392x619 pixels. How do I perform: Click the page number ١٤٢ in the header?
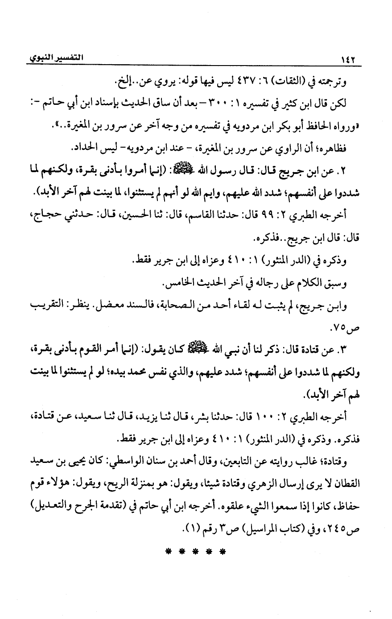(348, 60)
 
